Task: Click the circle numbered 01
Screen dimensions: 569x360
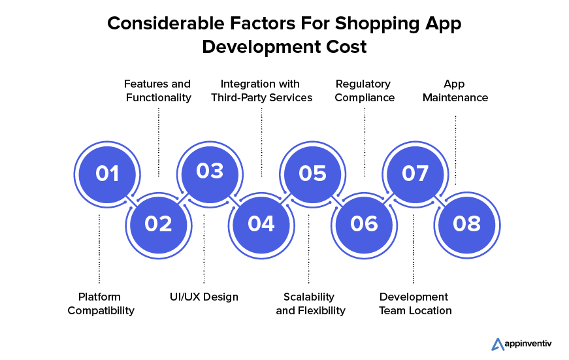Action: [x=107, y=174]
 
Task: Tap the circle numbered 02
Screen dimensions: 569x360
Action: [x=159, y=225]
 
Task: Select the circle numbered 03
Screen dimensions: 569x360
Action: [x=210, y=174]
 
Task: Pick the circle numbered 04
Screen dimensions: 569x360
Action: [x=261, y=225]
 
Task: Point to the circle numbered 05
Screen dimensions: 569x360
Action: [x=312, y=174]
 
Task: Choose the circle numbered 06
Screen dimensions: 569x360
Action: [x=364, y=225]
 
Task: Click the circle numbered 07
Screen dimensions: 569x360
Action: [x=415, y=174]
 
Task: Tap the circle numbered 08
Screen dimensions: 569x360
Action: [x=466, y=225]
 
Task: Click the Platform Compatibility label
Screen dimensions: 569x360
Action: [x=101, y=304]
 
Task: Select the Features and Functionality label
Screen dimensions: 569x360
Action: [x=158, y=91]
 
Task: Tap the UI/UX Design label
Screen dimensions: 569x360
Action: [x=204, y=297]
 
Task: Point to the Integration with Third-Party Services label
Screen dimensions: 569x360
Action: [x=262, y=91]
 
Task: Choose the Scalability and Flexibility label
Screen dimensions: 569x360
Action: [x=310, y=304]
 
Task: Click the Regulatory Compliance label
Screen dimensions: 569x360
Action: [x=365, y=91]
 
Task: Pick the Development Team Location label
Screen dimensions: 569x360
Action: [x=415, y=304]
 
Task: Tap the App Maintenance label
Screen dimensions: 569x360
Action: [x=455, y=91]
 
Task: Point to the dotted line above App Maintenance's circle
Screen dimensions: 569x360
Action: [x=455, y=150]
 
